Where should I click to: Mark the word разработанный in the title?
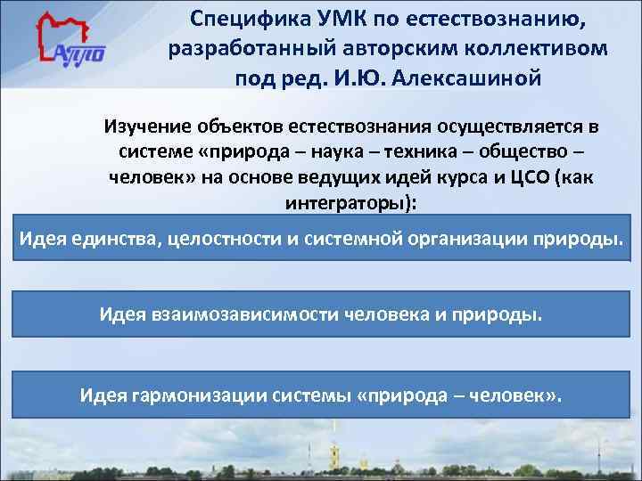(240, 47)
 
